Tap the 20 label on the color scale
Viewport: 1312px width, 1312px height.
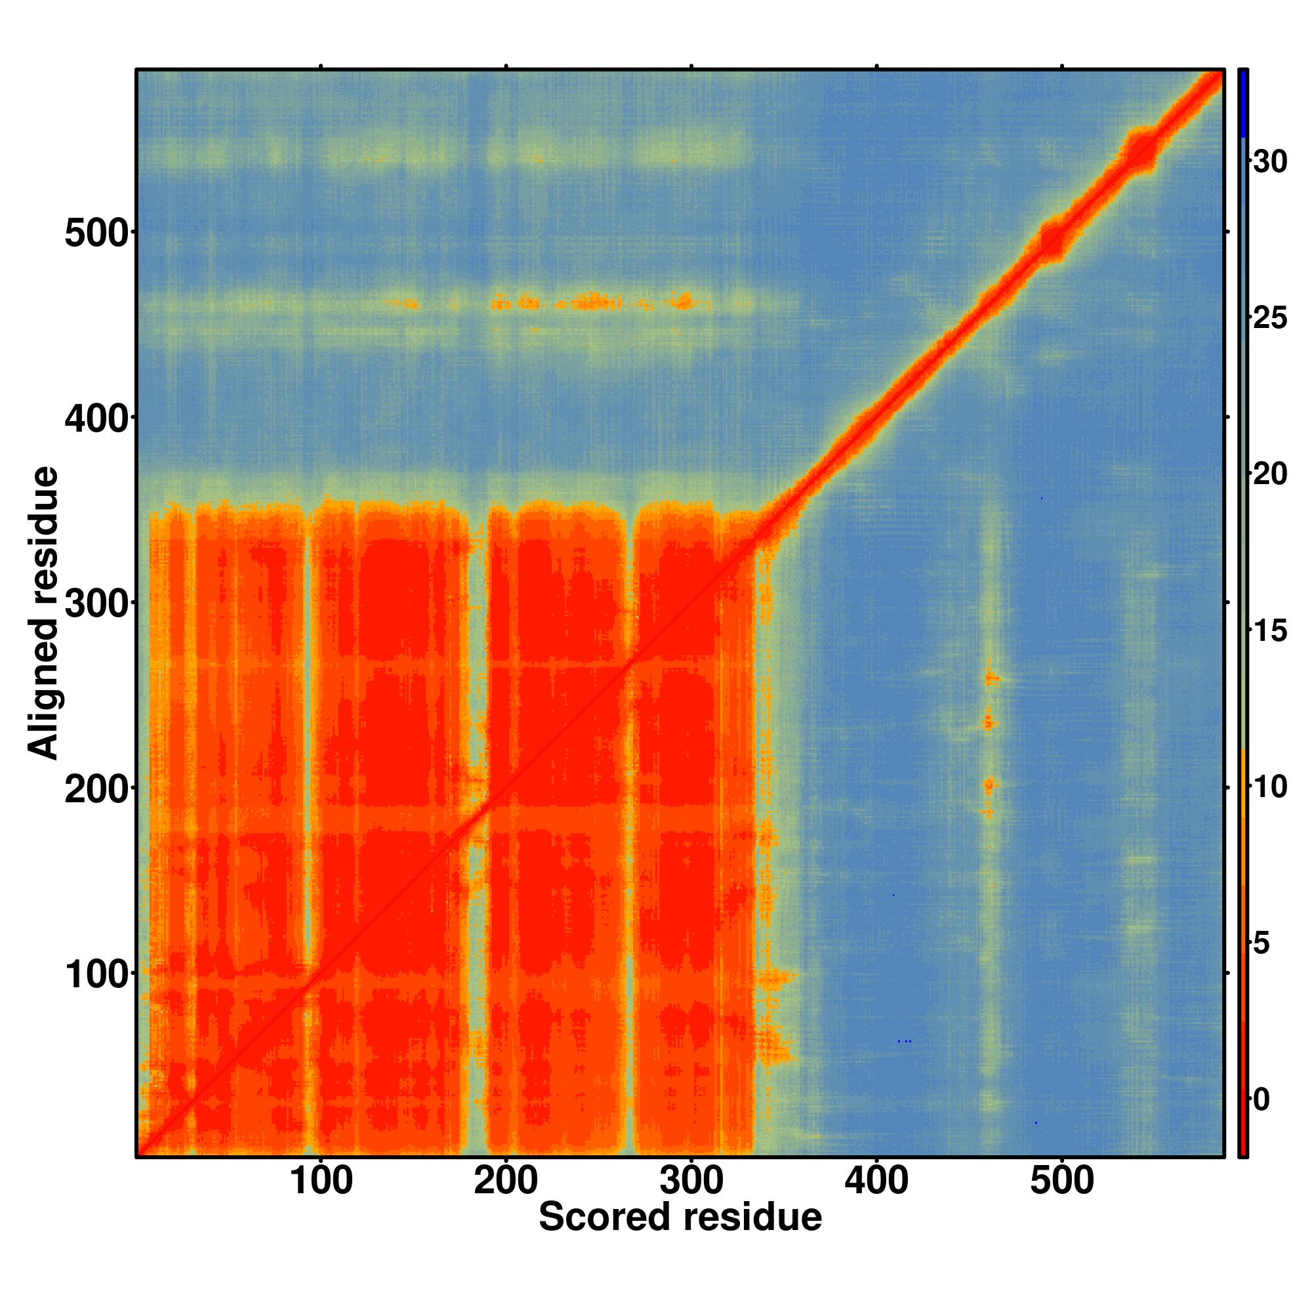point(1270,474)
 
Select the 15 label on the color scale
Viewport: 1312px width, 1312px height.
point(1270,631)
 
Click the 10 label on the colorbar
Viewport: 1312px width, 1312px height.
point(1270,787)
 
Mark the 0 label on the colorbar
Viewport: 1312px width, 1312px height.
point(1261,1099)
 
